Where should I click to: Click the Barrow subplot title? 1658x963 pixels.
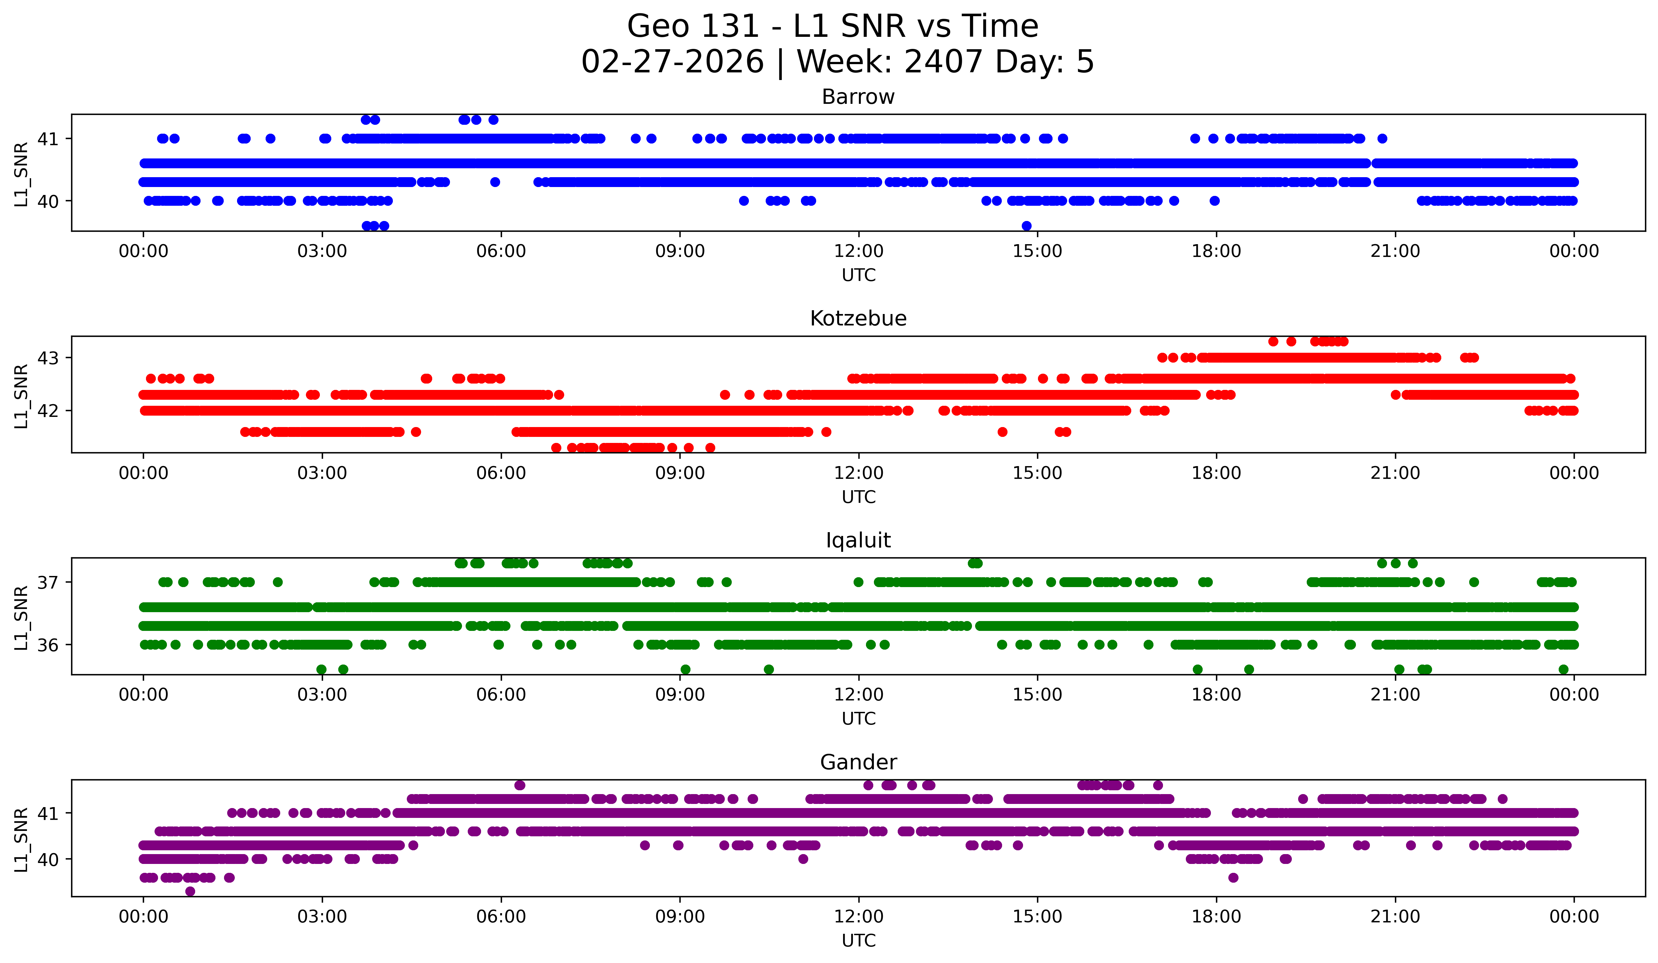pos(858,97)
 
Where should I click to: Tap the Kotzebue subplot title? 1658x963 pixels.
pos(858,318)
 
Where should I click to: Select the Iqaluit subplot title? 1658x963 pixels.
pos(858,540)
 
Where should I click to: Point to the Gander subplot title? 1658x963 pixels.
pos(858,762)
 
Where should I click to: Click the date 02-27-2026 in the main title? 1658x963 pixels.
pos(672,62)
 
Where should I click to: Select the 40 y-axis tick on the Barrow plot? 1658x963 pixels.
pos(47,201)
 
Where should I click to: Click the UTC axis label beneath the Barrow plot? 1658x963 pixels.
pos(859,275)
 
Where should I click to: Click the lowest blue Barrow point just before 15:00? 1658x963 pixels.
pos(1027,226)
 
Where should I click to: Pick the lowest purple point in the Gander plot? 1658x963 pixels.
pos(190,891)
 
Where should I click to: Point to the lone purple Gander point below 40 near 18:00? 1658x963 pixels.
pos(1233,877)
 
